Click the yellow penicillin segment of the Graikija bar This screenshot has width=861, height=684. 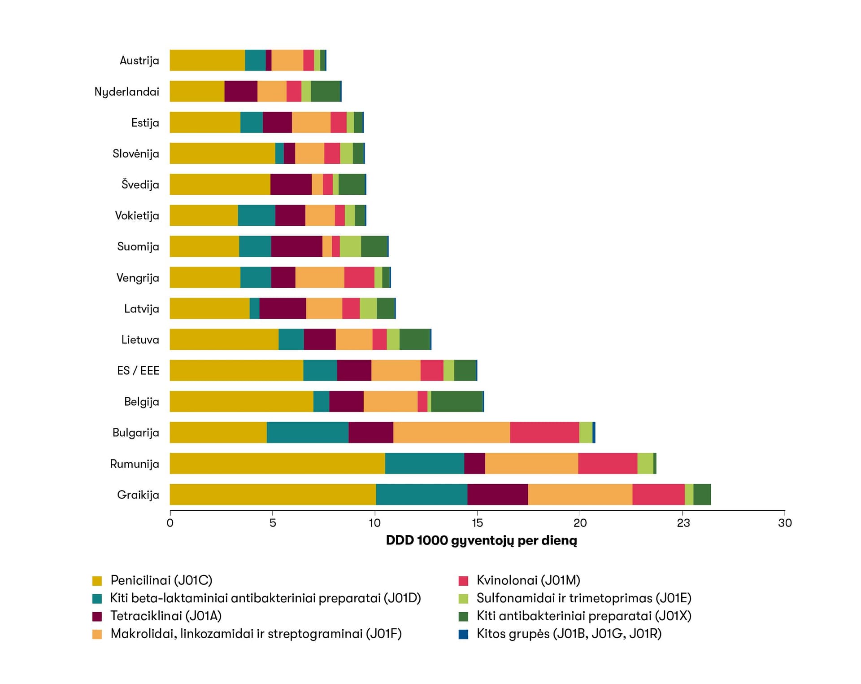tap(273, 494)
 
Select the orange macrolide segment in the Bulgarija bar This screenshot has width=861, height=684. tap(451, 432)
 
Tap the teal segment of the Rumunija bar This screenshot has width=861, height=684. tap(424, 463)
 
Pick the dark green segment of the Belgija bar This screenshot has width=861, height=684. tap(457, 401)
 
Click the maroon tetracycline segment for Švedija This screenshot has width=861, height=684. tap(291, 184)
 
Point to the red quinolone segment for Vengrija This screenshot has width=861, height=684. tap(359, 277)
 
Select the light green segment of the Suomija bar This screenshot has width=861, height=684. tap(350, 246)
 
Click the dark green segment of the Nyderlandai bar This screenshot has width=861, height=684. tap(326, 91)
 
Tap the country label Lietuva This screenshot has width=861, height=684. tap(140, 340)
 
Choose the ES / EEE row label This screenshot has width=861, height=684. tap(138, 371)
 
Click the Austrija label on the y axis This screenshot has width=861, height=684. tap(139, 61)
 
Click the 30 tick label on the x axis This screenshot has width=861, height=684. tap(785, 523)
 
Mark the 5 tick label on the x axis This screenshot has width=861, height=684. tap(272, 523)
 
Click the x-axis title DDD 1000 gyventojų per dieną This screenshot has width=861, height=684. tap(481, 540)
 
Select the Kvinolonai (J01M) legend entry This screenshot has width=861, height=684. tap(528, 580)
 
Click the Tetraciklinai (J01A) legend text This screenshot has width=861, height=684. tap(166, 616)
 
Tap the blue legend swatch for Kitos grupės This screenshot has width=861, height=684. tap(463, 634)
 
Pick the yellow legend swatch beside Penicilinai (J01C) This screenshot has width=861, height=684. tap(97, 581)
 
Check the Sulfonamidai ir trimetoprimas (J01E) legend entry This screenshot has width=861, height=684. tap(583, 598)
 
